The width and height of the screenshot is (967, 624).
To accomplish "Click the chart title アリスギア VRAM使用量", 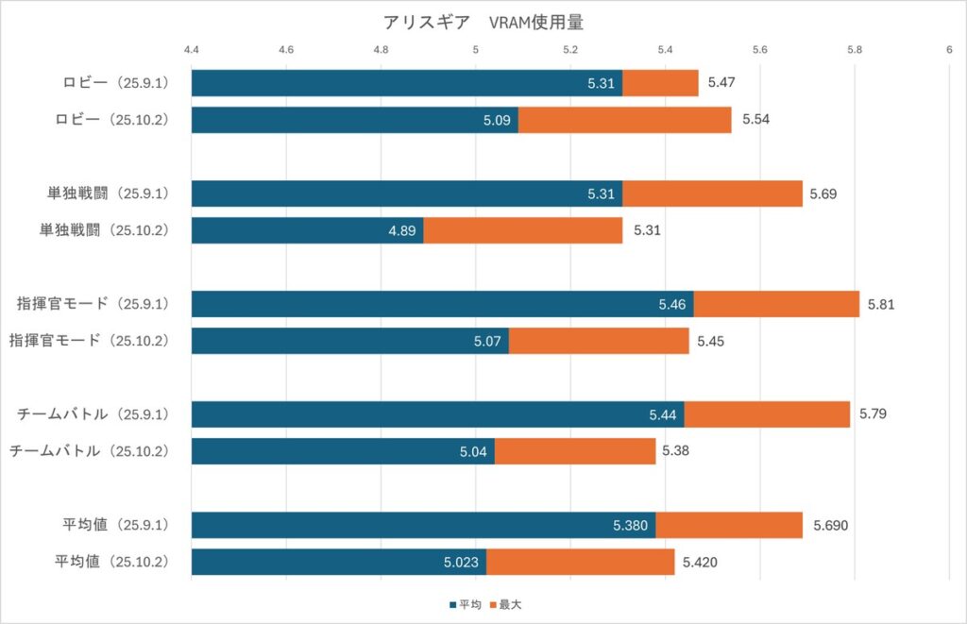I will click(x=483, y=22).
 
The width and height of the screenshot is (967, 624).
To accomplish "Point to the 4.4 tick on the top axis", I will click(x=192, y=49).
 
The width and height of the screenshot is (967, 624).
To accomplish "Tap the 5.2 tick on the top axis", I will click(x=570, y=49).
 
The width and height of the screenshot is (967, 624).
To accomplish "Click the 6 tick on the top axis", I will click(x=948, y=49).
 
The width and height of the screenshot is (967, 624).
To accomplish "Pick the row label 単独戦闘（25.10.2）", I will click(x=104, y=230).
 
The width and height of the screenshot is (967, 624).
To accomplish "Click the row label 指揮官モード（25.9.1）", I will click(x=93, y=304).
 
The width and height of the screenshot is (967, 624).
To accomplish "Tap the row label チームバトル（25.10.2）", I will click(x=89, y=451).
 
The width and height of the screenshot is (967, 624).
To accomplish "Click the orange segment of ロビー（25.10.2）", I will click(x=624, y=120).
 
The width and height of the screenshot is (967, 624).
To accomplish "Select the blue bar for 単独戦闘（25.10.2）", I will click(x=307, y=230).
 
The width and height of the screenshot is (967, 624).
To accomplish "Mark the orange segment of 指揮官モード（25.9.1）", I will click(x=776, y=304).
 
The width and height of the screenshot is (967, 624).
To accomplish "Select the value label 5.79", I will click(x=873, y=414).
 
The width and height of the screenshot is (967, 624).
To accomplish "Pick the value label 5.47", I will click(x=721, y=83).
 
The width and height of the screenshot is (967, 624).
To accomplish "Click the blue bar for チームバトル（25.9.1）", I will click(x=437, y=414).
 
